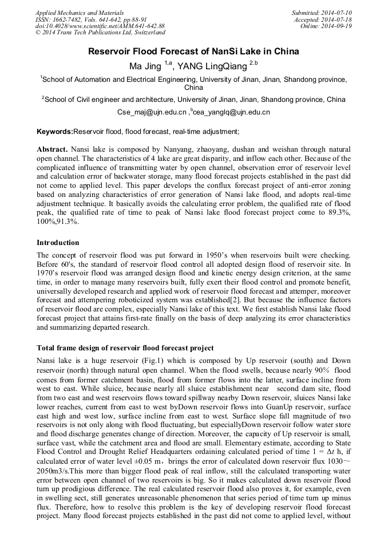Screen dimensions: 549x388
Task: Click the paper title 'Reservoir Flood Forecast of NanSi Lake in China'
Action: [193, 52]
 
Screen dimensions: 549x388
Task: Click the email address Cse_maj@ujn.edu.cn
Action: [152, 112]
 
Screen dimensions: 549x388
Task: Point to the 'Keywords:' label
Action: [55, 131]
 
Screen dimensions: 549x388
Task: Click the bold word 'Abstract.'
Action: [52, 149]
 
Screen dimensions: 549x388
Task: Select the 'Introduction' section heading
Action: [58, 243]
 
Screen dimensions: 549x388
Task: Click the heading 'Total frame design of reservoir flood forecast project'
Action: [125, 347]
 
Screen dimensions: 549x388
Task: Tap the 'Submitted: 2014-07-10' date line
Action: [322, 12]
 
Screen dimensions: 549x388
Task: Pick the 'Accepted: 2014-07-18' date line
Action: [323, 19]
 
